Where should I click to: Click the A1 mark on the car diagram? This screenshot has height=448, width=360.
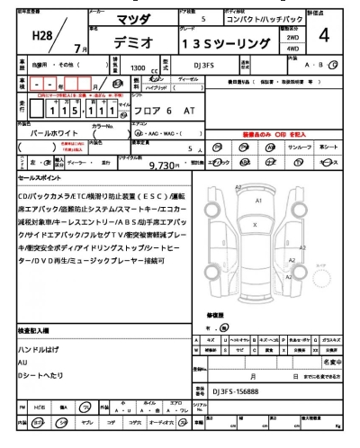click(x=258, y=201)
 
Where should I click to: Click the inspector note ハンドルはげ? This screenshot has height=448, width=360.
click(x=40, y=347)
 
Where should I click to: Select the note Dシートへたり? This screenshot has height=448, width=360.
click(x=43, y=374)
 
